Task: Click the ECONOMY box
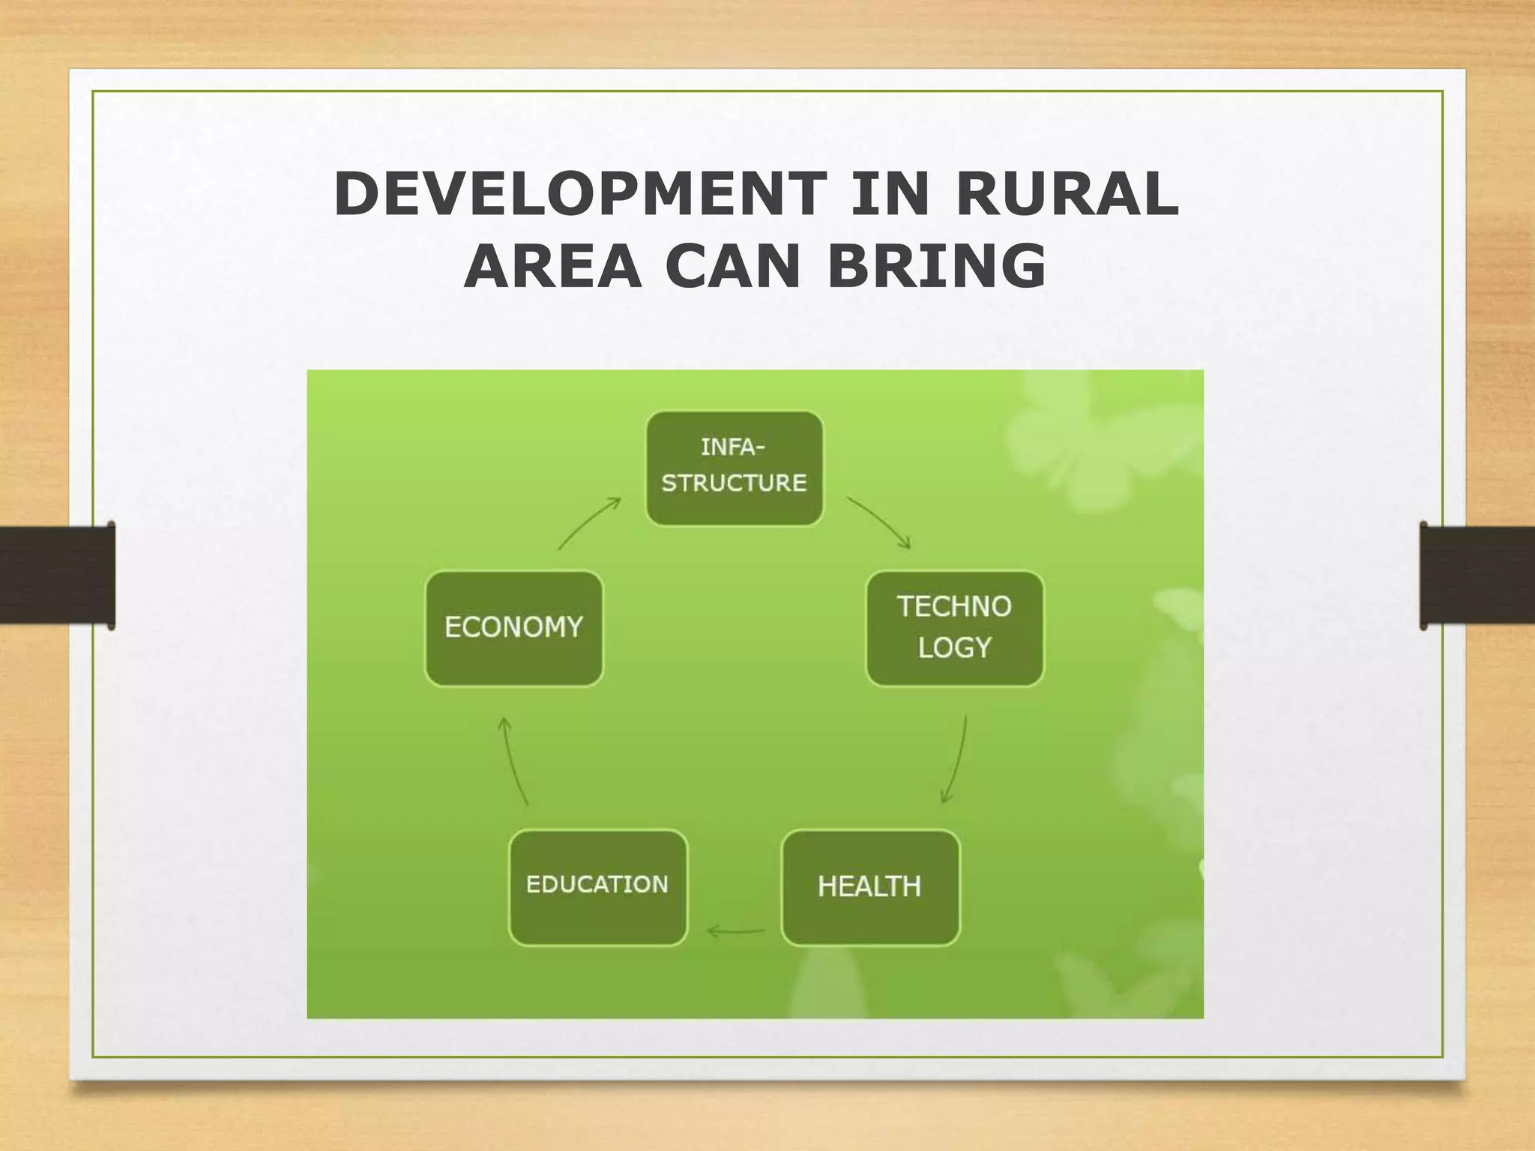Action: [x=513, y=628]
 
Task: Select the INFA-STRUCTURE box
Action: [x=734, y=468]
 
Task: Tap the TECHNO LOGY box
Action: [x=954, y=628]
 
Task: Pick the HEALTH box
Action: [x=869, y=886]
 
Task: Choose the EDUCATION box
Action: [x=597, y=886]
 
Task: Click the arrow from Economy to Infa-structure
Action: [x=588, y=522]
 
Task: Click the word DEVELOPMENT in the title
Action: [x=579, y=195]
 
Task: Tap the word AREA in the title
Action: [x=552, y=267]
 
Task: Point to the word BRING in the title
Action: [x=936, y=267]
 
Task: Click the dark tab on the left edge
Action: [x=57, y=575]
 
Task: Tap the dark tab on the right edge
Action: [x=1477, y=575]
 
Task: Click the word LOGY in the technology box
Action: [x=954, y=647]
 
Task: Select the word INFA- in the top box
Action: [x=732, y=447]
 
